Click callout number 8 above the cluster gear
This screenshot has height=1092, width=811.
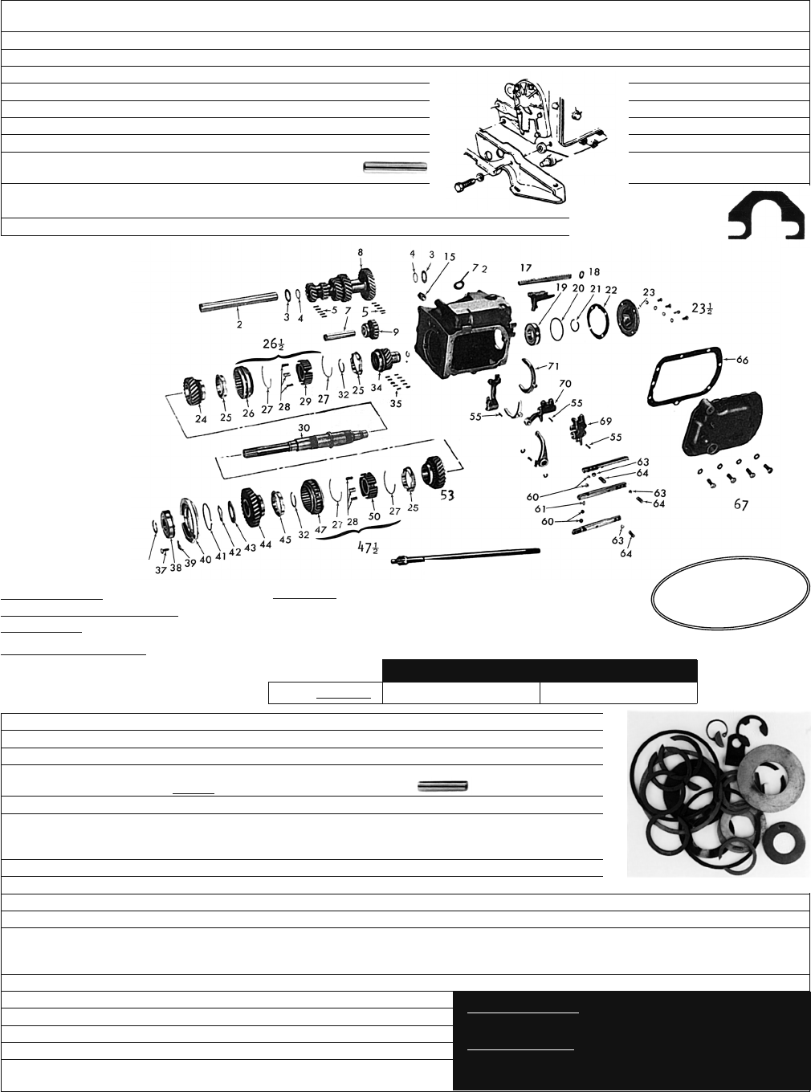pos(361,252)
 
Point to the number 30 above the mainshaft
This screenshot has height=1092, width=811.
pos(301,428)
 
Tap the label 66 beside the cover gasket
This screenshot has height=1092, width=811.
pos(742,360)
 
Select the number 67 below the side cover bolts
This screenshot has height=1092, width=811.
pos(741,504)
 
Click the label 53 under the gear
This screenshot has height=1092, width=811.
pos(446,495)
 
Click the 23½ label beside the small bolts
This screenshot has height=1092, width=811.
pos(701,308)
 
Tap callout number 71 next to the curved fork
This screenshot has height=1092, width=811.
pos(553,366)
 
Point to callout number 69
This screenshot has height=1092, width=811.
pos(605,421)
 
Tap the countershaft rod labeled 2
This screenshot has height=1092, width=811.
pos(238,301)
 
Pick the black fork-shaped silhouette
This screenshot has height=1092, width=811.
pos(766,216)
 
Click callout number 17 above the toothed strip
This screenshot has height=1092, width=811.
pos(526,268)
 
